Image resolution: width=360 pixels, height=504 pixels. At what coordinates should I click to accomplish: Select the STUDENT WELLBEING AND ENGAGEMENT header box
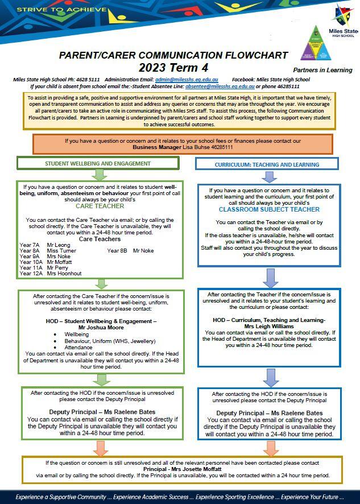tap(98, 163)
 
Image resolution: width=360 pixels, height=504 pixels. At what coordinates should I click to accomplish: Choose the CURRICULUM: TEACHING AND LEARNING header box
tap(267, 164)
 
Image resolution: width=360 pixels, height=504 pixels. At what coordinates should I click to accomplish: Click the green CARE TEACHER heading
tap(100, 206)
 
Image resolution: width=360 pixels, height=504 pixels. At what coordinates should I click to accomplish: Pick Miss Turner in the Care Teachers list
tap(61, 251)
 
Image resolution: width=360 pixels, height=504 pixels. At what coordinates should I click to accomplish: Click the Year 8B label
tap(117, 251)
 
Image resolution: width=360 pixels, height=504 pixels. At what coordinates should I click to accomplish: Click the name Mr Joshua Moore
tap(101, 328)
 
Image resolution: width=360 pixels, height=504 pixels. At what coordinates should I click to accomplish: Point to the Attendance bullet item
tap(78, 347)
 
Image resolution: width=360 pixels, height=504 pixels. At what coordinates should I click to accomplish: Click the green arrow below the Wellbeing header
tap(100, 175)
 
